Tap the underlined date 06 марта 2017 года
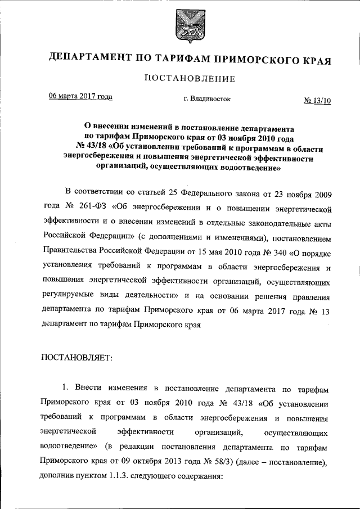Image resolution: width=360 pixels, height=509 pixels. coord(80,96)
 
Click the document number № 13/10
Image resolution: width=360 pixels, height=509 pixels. coord(317,101)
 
